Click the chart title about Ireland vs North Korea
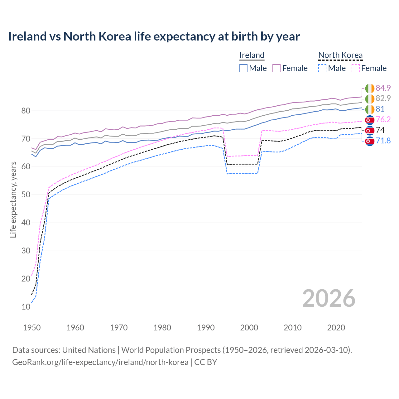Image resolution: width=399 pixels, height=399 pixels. [x=154, y=36]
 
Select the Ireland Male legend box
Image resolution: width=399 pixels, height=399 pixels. [x=243, y=68]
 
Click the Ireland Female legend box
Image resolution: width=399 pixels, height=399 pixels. [x=277, y=68]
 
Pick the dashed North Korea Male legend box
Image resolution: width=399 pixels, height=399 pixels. [x=322, y=68]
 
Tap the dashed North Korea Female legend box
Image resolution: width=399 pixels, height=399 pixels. [x=356, y=68]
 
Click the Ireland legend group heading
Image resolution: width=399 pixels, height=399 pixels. [x=252, y=55]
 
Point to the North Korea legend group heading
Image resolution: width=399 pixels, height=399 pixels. [x=340, y=55]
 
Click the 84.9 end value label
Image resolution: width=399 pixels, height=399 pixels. [x=383, y=88]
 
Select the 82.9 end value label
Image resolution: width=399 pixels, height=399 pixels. [x=383, y=99]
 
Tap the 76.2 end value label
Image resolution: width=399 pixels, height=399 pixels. [x=383, y=120]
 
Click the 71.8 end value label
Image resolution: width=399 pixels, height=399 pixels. [x=383, y=141]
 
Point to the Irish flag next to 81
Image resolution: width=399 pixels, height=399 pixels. [x=370, y=109]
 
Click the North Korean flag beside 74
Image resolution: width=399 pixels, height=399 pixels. [x=370, y=130]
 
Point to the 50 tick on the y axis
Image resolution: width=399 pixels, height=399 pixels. [x=26, y=195]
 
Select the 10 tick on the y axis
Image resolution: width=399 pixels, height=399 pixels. [x=26, y=307]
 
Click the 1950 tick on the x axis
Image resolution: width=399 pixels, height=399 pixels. [x=32, y=328]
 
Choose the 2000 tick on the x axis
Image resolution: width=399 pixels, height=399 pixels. [x=249, y=328]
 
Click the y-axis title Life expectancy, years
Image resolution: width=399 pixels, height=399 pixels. [x=13, y=199]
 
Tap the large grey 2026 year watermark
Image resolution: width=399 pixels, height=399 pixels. [x=329, y=298]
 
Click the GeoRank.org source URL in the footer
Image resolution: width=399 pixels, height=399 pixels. [x=100, y=362]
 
